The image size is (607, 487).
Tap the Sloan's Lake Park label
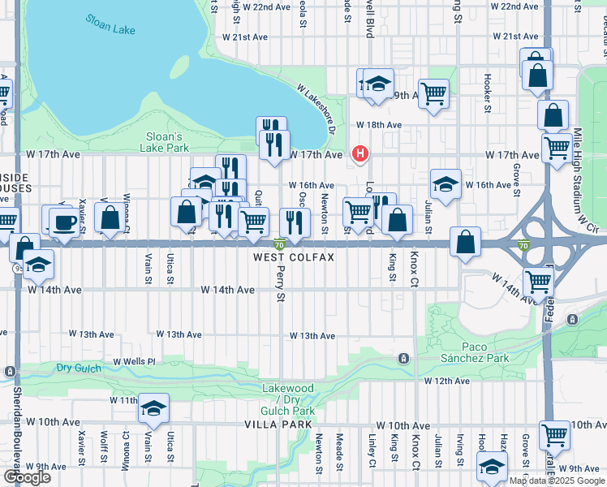click(166, 142)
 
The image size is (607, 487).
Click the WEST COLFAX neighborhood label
click(292, 257)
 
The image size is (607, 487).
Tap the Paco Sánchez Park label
click(475, 352)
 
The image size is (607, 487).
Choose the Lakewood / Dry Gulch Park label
click(287, 399)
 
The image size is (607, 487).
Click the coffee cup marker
click(64, 222)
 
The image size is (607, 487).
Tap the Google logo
click(27, 477)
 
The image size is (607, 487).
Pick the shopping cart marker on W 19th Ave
click(434, 93)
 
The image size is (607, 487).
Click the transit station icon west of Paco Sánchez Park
click(403, 358)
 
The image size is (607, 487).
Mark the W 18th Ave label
click(379, 125)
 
